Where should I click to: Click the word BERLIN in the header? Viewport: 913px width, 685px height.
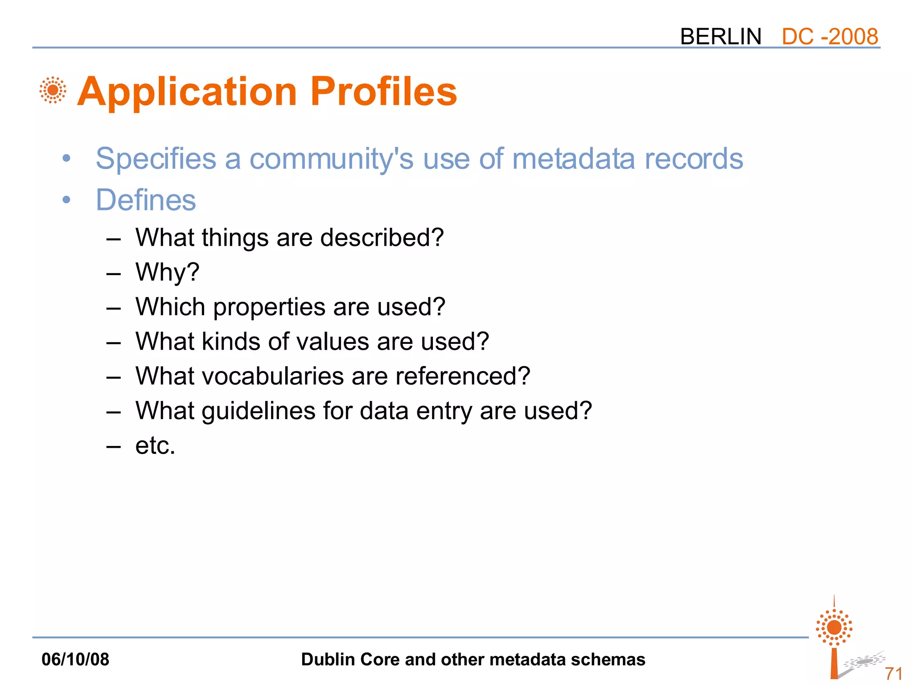(720, 37)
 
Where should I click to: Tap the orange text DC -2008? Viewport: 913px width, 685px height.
(830, 37)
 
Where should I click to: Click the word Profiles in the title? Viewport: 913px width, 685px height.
(383, 91)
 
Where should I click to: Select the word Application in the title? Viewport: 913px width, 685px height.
(187, 92)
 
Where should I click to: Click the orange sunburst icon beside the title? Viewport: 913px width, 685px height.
(53, 90)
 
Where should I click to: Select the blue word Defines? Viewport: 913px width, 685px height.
(146, 200)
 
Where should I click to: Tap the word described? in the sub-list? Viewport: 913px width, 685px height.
(382, 237)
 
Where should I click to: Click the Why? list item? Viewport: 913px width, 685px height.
(167, 272)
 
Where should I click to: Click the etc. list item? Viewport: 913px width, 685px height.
(155, 446)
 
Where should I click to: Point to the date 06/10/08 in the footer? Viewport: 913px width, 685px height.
(75, 659)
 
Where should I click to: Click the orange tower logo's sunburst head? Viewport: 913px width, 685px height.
(834, 627)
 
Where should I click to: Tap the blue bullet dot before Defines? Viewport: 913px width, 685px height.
(66, 200)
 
